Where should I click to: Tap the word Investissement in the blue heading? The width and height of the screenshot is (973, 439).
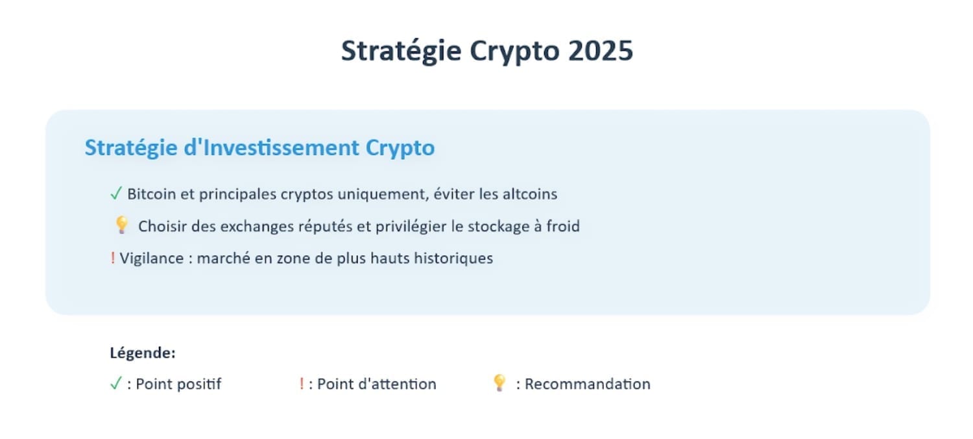click(281, 147)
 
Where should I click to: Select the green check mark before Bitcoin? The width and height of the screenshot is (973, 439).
click(116, 193)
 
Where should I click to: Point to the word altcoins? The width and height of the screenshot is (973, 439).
click(529, 194)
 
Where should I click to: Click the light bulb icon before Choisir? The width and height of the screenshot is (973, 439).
click(122, 225)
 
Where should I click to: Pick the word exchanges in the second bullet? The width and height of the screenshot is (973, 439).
click(257, 227)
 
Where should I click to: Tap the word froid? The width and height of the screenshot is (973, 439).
click(563, 226)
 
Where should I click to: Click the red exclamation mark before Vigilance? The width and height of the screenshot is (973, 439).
click(112, 258)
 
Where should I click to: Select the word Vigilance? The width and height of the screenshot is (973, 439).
click(152, 258)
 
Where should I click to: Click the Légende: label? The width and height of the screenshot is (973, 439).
click(143, 353)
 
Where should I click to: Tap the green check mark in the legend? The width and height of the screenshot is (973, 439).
click(116, 383)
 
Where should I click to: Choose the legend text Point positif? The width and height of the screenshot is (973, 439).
click(178, 384)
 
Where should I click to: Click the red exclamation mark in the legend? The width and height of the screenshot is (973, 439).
click(302, 384)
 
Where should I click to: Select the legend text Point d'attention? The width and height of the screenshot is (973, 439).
click(377, 384)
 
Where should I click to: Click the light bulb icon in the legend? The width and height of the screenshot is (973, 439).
click(499, 383)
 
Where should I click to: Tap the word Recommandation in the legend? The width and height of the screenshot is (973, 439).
click(587, 384)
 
